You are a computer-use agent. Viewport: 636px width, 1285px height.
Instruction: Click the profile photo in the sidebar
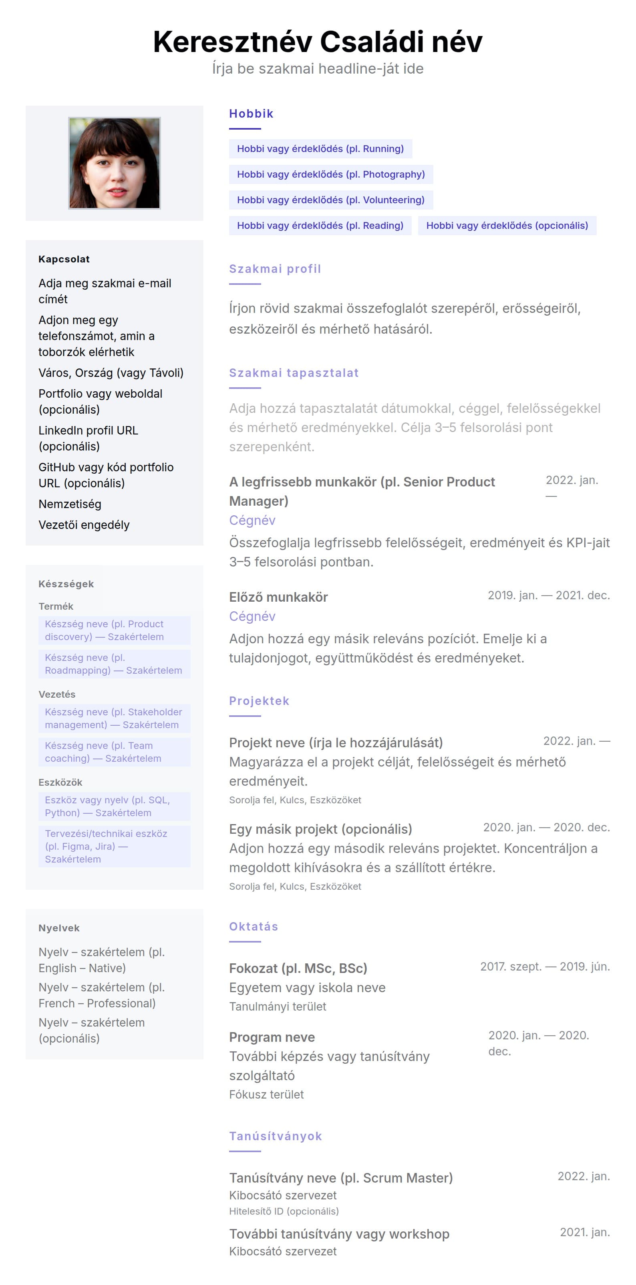pos(114,163)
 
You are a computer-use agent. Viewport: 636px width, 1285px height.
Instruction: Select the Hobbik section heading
pos(251,114)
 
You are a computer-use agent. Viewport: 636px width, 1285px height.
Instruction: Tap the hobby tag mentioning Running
pos(320,149)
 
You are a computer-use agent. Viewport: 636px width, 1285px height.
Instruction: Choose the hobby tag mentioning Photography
pos(330,174)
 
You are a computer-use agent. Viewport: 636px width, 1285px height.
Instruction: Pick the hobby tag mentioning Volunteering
pos(330,200)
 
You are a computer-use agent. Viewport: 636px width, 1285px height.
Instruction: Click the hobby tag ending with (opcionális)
pos(507,226)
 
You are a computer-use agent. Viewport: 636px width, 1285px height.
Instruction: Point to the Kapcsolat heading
pos(64,259)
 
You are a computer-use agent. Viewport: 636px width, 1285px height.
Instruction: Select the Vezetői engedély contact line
pos(84,525)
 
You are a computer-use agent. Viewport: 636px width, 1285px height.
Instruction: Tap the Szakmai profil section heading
pos(275,269)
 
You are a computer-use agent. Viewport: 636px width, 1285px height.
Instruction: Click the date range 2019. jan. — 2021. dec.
pos(548,595)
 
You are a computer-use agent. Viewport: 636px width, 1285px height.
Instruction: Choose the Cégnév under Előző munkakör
pos(252,616)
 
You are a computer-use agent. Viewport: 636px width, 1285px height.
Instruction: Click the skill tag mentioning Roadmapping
pos(114,664)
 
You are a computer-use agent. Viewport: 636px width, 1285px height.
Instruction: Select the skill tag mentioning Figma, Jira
pos(114,846)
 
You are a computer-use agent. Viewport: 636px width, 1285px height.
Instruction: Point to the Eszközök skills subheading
pos(60,782)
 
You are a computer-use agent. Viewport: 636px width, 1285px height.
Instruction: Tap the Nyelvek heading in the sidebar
pos(59,928)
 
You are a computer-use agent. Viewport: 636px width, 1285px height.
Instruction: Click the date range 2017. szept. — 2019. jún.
pos(545,966)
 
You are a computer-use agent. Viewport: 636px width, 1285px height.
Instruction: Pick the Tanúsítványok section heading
pos(275,1136)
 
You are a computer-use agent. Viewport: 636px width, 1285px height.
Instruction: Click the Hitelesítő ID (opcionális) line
pos(284,1211)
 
